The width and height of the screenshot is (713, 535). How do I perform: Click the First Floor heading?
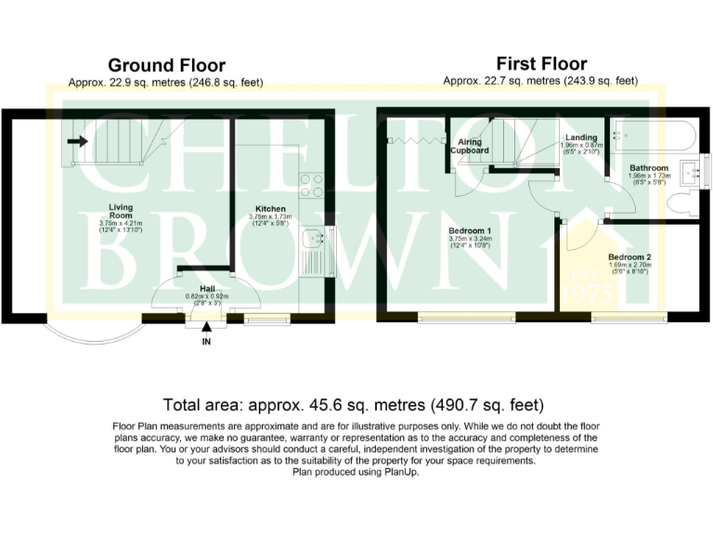pyautogui.click(x=541, y=64)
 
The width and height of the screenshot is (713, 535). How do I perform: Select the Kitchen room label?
pyautogui.click(x=270, y=209)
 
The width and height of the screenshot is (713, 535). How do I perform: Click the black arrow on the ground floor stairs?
pyautogui.click(x=78, y=142)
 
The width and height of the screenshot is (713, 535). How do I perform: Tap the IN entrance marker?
pyautogui.click(x=206, y=342)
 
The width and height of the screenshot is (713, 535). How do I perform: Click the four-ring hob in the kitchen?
pyautogui.click(x=311, y=185)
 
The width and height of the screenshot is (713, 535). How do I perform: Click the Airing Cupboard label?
pyautogui.click(x=470, y=145)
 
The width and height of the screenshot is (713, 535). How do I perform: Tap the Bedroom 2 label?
pyautogui.click(x=629, y=256)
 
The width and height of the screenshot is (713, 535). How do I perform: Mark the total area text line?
pyautogui.click(x=353, y=405)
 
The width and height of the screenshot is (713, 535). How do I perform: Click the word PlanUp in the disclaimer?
pyautogui.click(x=398, y=472)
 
